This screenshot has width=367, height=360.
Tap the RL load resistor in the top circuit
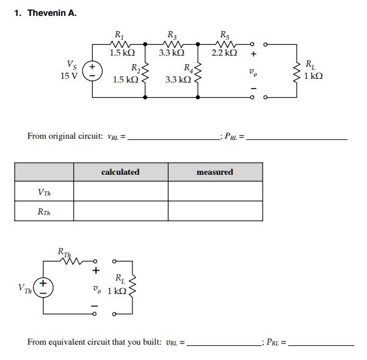click(297, 71)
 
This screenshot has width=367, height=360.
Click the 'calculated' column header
click(120, 172)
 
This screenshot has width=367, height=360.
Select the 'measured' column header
click(215, 172)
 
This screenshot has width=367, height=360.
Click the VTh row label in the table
click(45, 193)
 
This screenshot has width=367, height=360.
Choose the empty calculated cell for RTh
click(120, 211)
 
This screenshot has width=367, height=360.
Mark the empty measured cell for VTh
click(215, 193)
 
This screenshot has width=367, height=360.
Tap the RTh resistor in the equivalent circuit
click(73, 260)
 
